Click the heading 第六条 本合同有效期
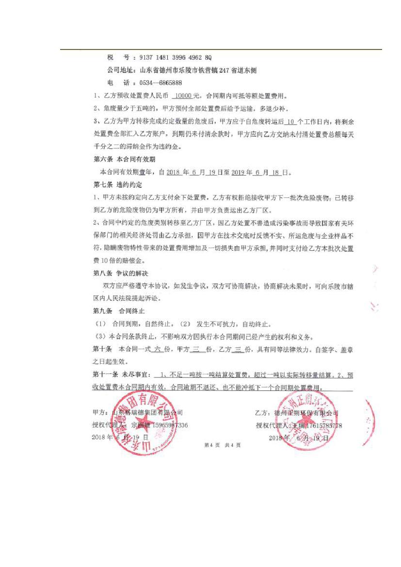124,159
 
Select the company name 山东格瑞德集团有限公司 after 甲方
147,413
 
